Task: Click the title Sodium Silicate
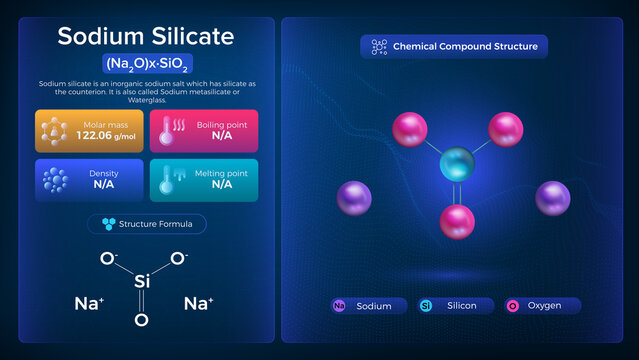coord(146,36)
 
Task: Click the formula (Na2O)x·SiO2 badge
coord(146,62)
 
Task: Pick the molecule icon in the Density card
coord(54,179)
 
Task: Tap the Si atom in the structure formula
coord(142,284)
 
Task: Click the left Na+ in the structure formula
coord(89,301)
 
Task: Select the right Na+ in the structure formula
coord(197,301)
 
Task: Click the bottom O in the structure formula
coord(142,320)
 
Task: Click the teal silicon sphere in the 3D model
coord(457,164)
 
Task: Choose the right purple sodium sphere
coord(552,197)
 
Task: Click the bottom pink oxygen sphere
coord(457,218)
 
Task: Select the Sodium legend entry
coord(368,306)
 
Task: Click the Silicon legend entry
coord(456,306)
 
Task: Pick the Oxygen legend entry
coord(541,306)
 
